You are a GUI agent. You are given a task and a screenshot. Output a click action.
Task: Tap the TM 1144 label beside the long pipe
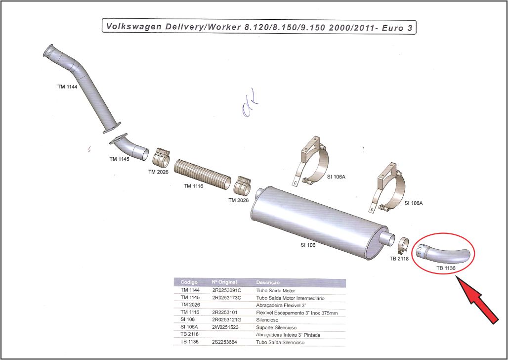[x=67, y=87]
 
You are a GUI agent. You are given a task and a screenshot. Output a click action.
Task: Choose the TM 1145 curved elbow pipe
[x=130, y=147]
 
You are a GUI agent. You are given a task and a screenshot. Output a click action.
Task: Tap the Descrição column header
[x=267, y=282]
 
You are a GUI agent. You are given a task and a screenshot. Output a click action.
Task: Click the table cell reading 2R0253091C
[x=226, y=290]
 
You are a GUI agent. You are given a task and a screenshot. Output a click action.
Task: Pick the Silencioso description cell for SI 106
[x=267, y=320]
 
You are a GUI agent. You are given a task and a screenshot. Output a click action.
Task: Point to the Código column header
[x=189, y=282]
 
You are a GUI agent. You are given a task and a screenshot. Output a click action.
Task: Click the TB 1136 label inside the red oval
[x=445, y=268]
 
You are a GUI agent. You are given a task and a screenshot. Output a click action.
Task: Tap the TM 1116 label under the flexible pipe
[x=194, y=186]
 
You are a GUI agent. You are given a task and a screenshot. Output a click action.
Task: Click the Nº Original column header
[x=225, y=282]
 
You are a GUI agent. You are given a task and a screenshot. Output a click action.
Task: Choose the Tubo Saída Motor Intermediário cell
[x=290, y=298]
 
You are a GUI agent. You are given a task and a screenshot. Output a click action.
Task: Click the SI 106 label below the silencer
[x=308, y=245]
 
